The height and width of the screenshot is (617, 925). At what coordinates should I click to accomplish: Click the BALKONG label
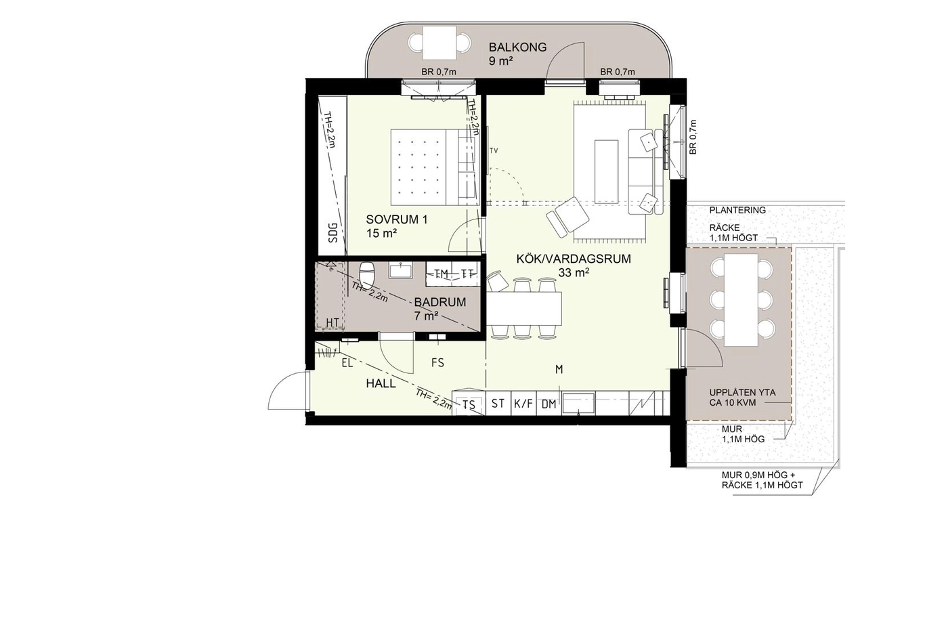pyautogui.click(x=517, y=47)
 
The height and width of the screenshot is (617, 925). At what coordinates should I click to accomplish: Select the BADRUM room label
pyautogui.click(x=440, y=302)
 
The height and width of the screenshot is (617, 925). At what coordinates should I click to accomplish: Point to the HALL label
pyautogui.click(x=381, y=383)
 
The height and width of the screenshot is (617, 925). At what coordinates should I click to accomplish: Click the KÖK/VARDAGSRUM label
pyautogui.click(x=574, y=259)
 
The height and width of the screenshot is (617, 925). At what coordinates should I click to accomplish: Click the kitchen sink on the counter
pyautogui.click(x=578, y=404)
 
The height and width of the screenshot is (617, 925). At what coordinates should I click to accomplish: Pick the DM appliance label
pyautogui.click(x=548, y=404)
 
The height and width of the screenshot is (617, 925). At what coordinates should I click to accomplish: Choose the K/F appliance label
pyautogui.click(x=523, y=403)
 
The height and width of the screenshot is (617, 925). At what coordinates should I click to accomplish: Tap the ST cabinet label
pyautogui.click(x=498, y=403)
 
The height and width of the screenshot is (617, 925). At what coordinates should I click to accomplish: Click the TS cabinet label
pyautogui.click(x=469, y=405)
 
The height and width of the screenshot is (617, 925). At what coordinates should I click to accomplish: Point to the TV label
pyautogui.click(x=494, y=151)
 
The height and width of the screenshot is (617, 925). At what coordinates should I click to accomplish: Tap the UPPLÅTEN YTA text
pyautogui.click(x=742, y=392)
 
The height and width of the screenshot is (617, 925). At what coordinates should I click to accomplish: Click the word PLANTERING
pyautogui.click(x=737, y=210)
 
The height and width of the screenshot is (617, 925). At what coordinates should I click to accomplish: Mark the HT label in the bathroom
pyautogui.click(x=332, y=322)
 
